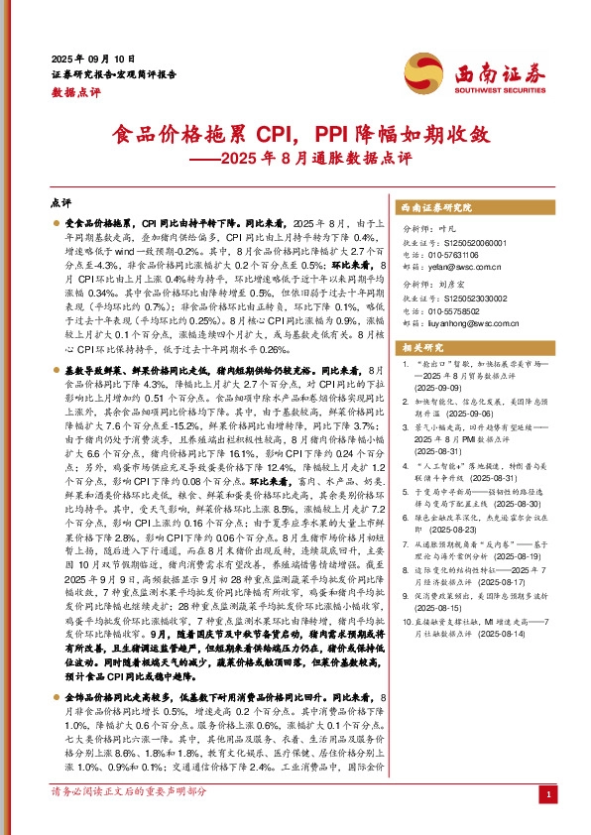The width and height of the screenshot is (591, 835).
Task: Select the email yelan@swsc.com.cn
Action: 457,267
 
